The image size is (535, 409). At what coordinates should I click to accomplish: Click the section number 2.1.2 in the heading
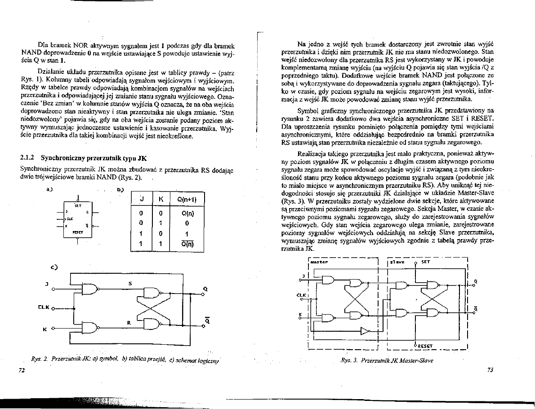(x=28, y=158)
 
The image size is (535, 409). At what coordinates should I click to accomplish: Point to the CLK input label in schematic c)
(x=44, y=308)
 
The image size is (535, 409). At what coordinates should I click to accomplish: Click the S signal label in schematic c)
(x=130, y=284)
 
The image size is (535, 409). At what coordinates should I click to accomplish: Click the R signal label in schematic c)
(x=129, y=322)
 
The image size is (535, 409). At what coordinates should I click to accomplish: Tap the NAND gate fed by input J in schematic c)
(x=89, y=290)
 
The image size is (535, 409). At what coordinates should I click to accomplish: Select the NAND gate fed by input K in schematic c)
(x=89, y=328)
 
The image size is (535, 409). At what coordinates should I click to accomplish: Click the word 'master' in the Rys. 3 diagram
(x=320, y=261)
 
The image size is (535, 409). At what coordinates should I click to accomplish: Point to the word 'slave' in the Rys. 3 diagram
(x=397, y=261)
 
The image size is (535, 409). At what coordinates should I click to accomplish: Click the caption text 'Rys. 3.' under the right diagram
(x=348, y=360)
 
